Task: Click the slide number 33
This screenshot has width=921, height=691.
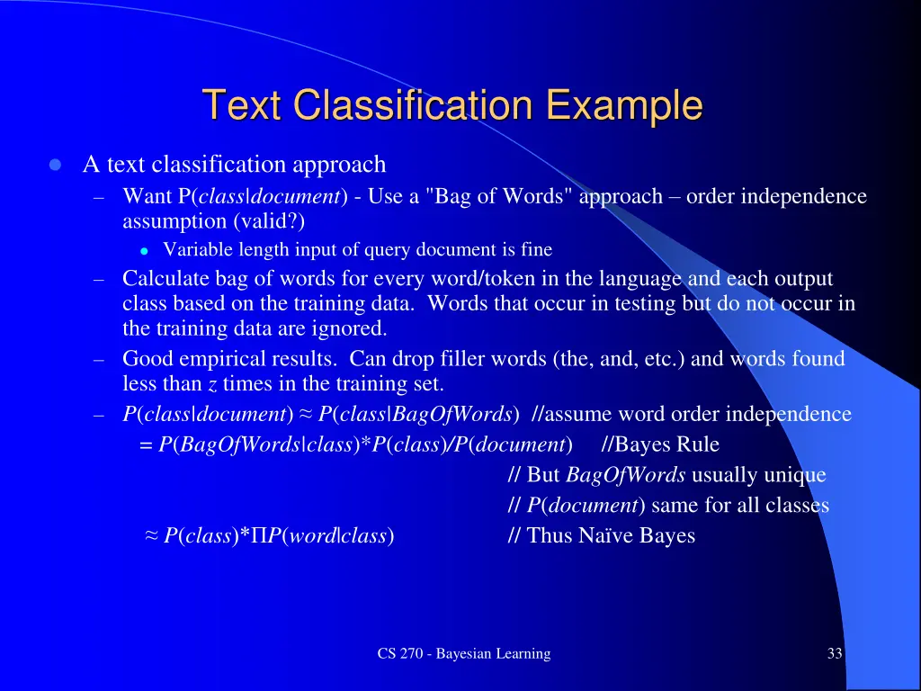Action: (x=835, y=654)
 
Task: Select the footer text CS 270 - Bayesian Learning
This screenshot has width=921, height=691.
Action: (x=463, y=654)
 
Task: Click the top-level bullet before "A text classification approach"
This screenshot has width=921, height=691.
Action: (x=56, y=166)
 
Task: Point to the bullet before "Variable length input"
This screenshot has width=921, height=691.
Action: (x=143, y=250)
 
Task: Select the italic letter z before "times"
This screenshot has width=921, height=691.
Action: (x=212, y=385)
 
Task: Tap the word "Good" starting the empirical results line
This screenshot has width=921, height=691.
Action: (x=145, y=359)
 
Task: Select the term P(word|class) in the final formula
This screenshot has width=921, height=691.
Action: (x=330, y=536)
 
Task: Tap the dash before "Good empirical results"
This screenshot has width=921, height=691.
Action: (x=100, y=360)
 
